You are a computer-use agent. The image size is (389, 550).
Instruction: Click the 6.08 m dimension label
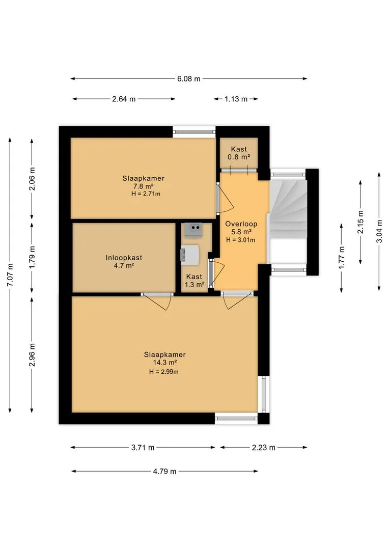[x=189, y=79]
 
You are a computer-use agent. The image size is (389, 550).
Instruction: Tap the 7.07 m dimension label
[x=10, y=275]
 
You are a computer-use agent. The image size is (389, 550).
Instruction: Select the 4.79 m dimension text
[x=164, y=472]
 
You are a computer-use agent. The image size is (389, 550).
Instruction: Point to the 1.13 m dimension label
[x=236, y=99]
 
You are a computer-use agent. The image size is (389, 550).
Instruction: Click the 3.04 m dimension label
[x=379, y=232]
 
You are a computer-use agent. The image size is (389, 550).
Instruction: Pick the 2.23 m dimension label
[x=263, y=448]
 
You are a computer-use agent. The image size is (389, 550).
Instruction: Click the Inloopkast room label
[x=124, y=258]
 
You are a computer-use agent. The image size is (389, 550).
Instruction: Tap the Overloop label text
[x=241, y=224]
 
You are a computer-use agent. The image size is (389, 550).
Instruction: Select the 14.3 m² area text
[x=165, y=363]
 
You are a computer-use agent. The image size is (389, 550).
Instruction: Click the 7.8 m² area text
[x=144, y=186]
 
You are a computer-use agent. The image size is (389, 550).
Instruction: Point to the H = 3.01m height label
[x=241, y=240]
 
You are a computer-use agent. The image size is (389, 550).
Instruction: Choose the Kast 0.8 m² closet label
[x=239, y=153]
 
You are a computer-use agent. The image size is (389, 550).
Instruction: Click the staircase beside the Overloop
[x=288, y=221]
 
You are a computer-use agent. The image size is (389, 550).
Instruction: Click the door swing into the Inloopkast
[x=157, y=302]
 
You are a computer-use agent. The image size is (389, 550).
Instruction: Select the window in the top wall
[x=194, y=132]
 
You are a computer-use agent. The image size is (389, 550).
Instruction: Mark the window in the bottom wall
[x=236, y=418]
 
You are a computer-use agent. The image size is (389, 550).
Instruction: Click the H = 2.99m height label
[x=164, y=372]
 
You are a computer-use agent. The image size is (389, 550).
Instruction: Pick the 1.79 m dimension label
[x=32, y=258]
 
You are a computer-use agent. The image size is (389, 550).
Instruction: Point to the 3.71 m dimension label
[x=143, y=448]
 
